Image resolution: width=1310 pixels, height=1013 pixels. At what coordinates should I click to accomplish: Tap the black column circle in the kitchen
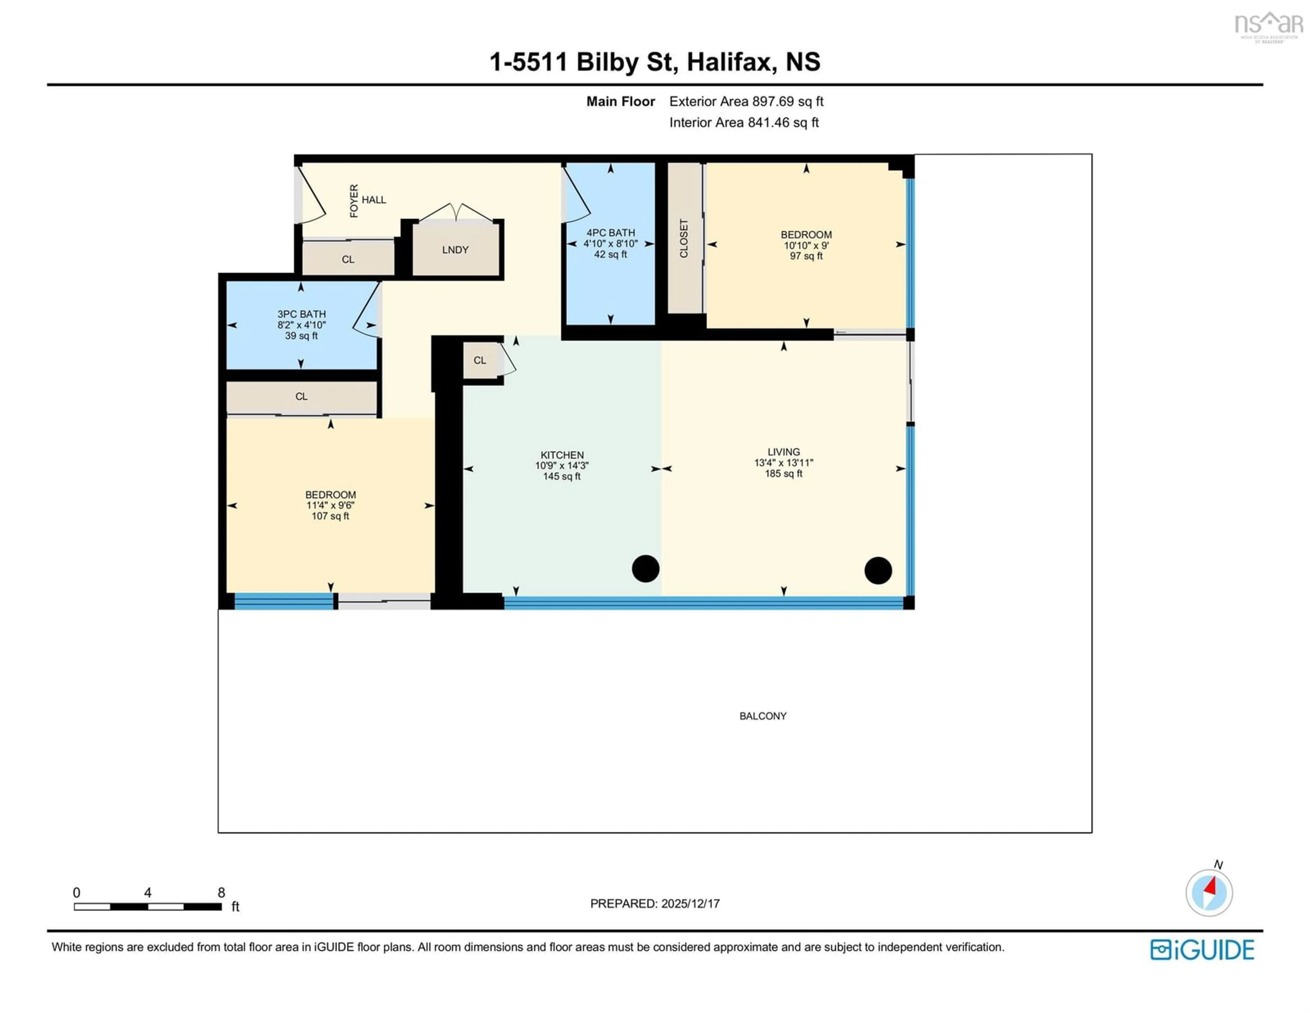645,568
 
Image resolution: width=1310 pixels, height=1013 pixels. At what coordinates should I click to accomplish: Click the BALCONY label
762,716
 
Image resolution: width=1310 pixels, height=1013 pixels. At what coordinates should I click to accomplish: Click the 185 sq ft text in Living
783,473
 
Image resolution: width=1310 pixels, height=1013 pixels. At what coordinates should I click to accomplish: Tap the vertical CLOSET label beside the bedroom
684,238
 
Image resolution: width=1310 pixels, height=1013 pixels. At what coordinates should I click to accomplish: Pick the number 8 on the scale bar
221,893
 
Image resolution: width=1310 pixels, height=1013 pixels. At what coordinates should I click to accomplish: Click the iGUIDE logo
1202,950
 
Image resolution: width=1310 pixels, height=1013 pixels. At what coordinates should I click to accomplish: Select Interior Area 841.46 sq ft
744,122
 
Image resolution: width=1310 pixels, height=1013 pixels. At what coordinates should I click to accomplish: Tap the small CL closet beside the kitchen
480,360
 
